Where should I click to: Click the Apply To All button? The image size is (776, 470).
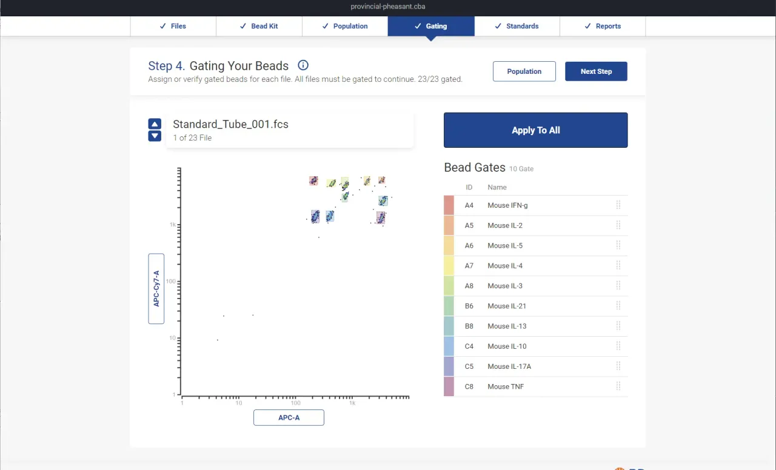(535, 130)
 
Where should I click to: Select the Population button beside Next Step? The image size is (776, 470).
(524, 71)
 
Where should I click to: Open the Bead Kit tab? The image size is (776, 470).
(259, 26)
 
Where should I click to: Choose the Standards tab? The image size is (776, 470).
(517, 26)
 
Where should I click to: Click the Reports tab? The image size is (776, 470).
(603, 26)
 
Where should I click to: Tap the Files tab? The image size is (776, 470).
(173, 26)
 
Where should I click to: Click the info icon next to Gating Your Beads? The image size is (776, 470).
(303, 65)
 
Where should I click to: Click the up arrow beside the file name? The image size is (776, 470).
(155, 124)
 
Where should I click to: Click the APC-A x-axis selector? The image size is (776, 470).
(289, 417)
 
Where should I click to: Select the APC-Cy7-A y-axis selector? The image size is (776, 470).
(156, 288)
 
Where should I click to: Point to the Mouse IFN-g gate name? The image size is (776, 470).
(507, 205)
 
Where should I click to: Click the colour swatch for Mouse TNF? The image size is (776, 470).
(449, 386)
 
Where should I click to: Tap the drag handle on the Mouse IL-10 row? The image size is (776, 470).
(618, 346)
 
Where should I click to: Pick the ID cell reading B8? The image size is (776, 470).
(469, 326)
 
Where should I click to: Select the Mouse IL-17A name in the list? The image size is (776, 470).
(509, 366)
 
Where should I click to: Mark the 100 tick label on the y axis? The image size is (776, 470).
(172, 282)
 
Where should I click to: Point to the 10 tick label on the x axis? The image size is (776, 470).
(239, 403)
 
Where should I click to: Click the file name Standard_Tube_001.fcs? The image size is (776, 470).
(230, 124)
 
